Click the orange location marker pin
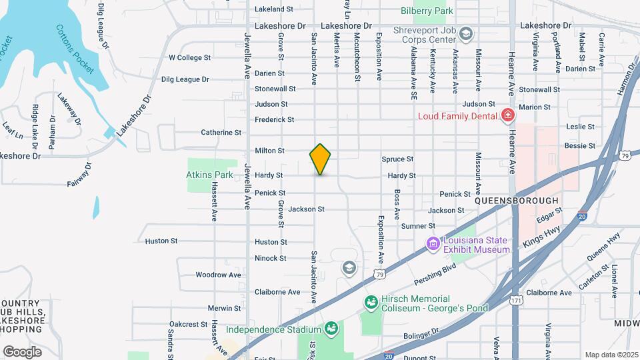pos(321,159)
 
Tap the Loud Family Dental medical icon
pos(508,115)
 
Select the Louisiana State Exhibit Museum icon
pos(433,245)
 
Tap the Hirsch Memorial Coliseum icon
pos(370,303)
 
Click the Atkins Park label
pos(209,175)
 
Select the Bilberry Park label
pos(427,11)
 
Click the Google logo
pos(22,351)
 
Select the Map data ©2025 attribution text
pos(611,355)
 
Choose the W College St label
pos(189,58)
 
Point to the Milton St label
pos(270,151)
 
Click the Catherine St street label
pos(221,133)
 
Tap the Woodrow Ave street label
pos(219,275)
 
